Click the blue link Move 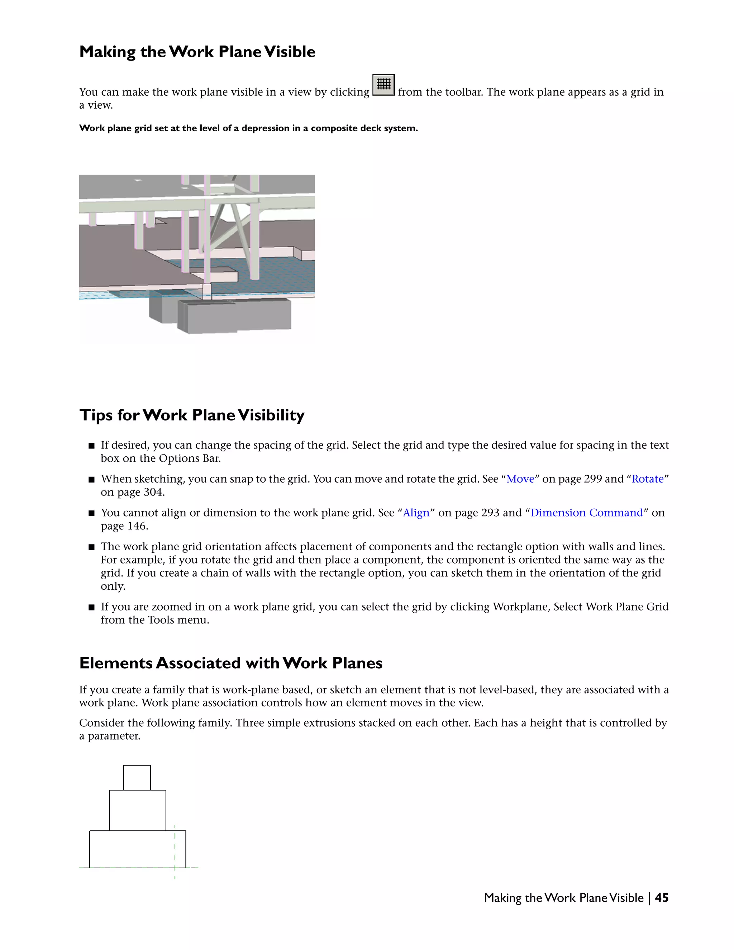(520, 479)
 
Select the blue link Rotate (648, 479)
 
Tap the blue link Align (416, 513)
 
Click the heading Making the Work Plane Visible (197, 52)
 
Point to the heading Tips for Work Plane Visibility (192, 415)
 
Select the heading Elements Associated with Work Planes (230, 663)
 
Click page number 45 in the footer (661, 898)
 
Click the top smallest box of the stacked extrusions (137, 778)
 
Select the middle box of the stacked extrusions (137, 811)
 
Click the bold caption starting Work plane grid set (248, 128)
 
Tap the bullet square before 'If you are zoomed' (91, 607)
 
